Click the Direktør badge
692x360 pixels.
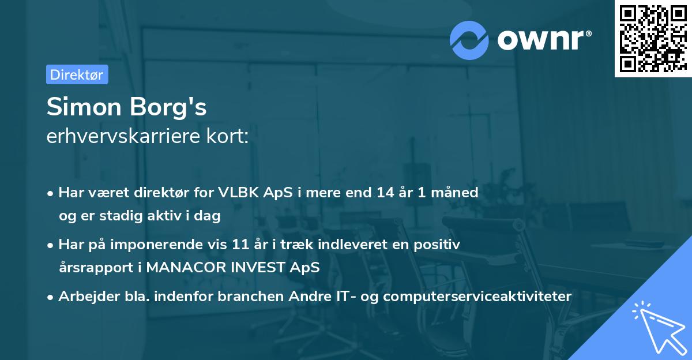pyautogui.click(x=77, y=74)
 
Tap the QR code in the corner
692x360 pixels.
pyautogui.click(x=653, y=39)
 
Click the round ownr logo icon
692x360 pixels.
pyautogui.click(x=469, y=40)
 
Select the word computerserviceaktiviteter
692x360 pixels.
pyautogui.click(x=477, y=297)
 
